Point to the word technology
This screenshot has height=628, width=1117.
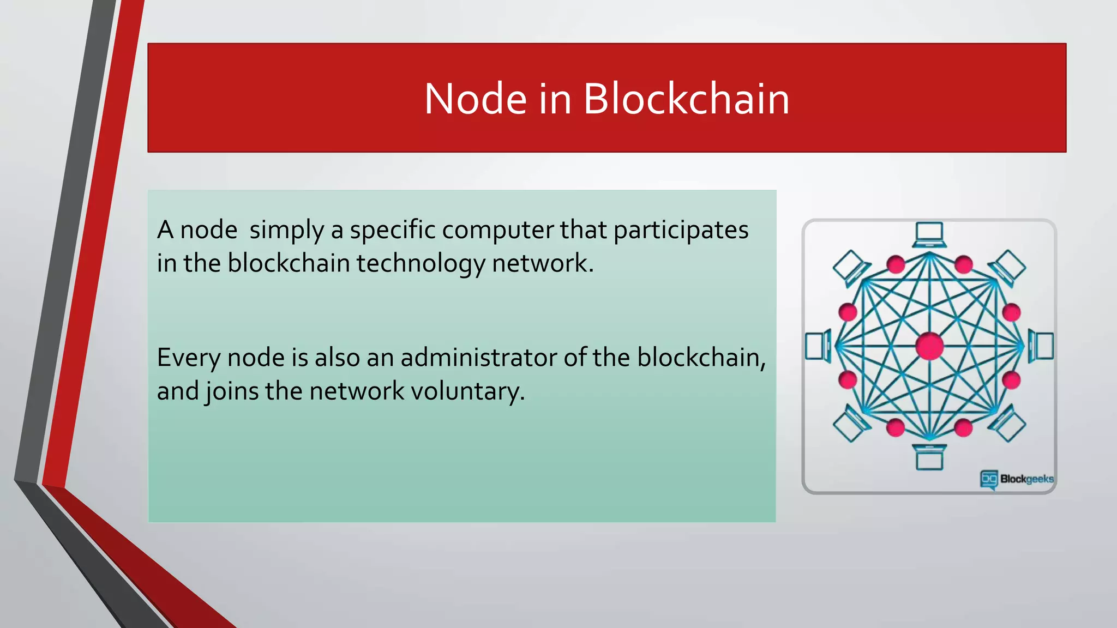tap(421, 264)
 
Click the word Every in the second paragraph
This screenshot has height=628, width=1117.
tap(188, 358)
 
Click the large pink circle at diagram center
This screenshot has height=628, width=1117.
tap(929, 346)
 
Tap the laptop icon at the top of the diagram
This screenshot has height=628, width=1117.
tap(929, 235)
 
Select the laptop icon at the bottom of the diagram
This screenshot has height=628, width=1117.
tap(929, 457)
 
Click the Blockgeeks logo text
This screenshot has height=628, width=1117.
tap(1026, 479)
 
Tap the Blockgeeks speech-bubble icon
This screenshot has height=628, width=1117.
tap(989, 479)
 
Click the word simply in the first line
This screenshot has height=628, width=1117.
tap(286, 230)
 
